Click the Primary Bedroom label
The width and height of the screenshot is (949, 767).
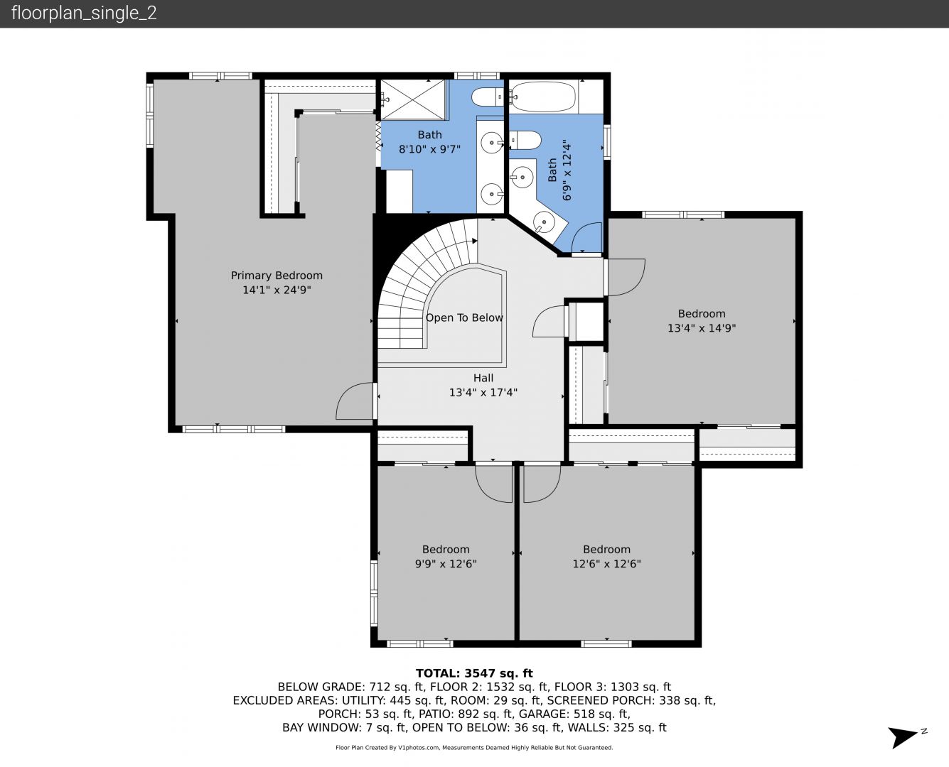277,276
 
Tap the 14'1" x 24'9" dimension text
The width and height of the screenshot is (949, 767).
277,290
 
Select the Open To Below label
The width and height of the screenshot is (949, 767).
464,318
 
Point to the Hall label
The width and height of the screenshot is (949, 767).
483,378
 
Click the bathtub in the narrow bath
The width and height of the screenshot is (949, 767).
542,97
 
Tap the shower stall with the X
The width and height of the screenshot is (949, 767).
413,99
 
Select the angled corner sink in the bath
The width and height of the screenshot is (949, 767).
545,222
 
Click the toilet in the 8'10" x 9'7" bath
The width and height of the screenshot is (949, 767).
488,97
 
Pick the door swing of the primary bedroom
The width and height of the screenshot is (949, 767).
354,401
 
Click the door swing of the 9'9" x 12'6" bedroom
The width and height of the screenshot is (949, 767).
493,484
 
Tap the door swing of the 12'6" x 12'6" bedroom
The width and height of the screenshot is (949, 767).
542,484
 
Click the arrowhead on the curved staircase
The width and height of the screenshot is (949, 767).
475,241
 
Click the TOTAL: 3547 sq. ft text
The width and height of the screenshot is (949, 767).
474,673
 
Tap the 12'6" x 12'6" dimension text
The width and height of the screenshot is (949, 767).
606,564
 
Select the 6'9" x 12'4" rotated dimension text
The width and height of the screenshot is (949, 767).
567,170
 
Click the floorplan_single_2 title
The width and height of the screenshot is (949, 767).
84,13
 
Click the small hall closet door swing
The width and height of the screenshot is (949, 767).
549,322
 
